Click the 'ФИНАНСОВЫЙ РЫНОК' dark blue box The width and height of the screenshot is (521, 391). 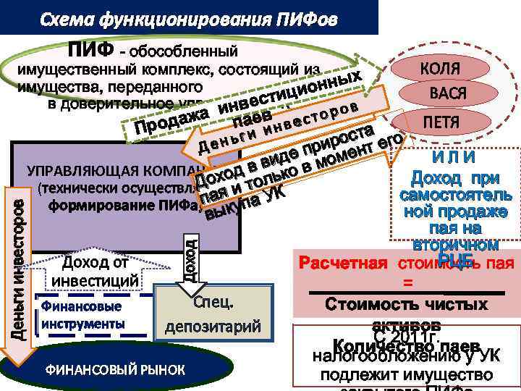116,370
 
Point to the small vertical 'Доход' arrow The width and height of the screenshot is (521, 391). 190,253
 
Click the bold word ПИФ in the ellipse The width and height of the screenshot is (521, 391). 91,51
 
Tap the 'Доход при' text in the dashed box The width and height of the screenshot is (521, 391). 455,178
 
